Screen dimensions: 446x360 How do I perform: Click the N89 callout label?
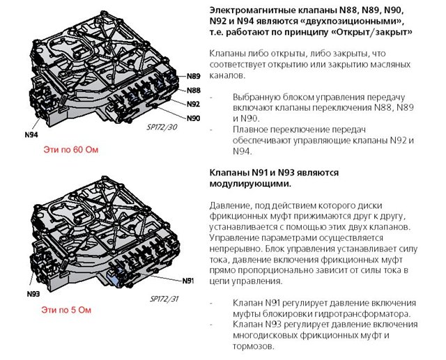click(194, 76)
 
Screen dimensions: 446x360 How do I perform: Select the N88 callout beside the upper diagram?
click(194, 91)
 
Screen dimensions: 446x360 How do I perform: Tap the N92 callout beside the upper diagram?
click(194, 104)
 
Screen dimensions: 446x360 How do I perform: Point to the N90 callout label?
click(194, 118)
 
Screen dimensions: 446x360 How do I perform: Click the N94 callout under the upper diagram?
click(31, 134)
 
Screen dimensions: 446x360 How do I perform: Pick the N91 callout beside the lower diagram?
click(188, 281)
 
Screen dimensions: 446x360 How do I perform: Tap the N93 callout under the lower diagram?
click(33, 294)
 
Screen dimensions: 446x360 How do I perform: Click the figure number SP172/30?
click(162, 127)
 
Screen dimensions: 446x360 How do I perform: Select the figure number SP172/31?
click(164, 299)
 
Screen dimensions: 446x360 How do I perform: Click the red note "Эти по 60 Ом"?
click(71, 150)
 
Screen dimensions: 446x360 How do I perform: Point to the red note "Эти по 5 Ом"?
click(66, 310)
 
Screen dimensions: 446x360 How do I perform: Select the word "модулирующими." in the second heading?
click(251, 184)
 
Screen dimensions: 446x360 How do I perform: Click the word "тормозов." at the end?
click(254, 346)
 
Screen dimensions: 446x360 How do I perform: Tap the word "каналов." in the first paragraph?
click(227, 75)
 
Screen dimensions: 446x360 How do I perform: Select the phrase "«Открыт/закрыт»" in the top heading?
click(371, 32)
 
